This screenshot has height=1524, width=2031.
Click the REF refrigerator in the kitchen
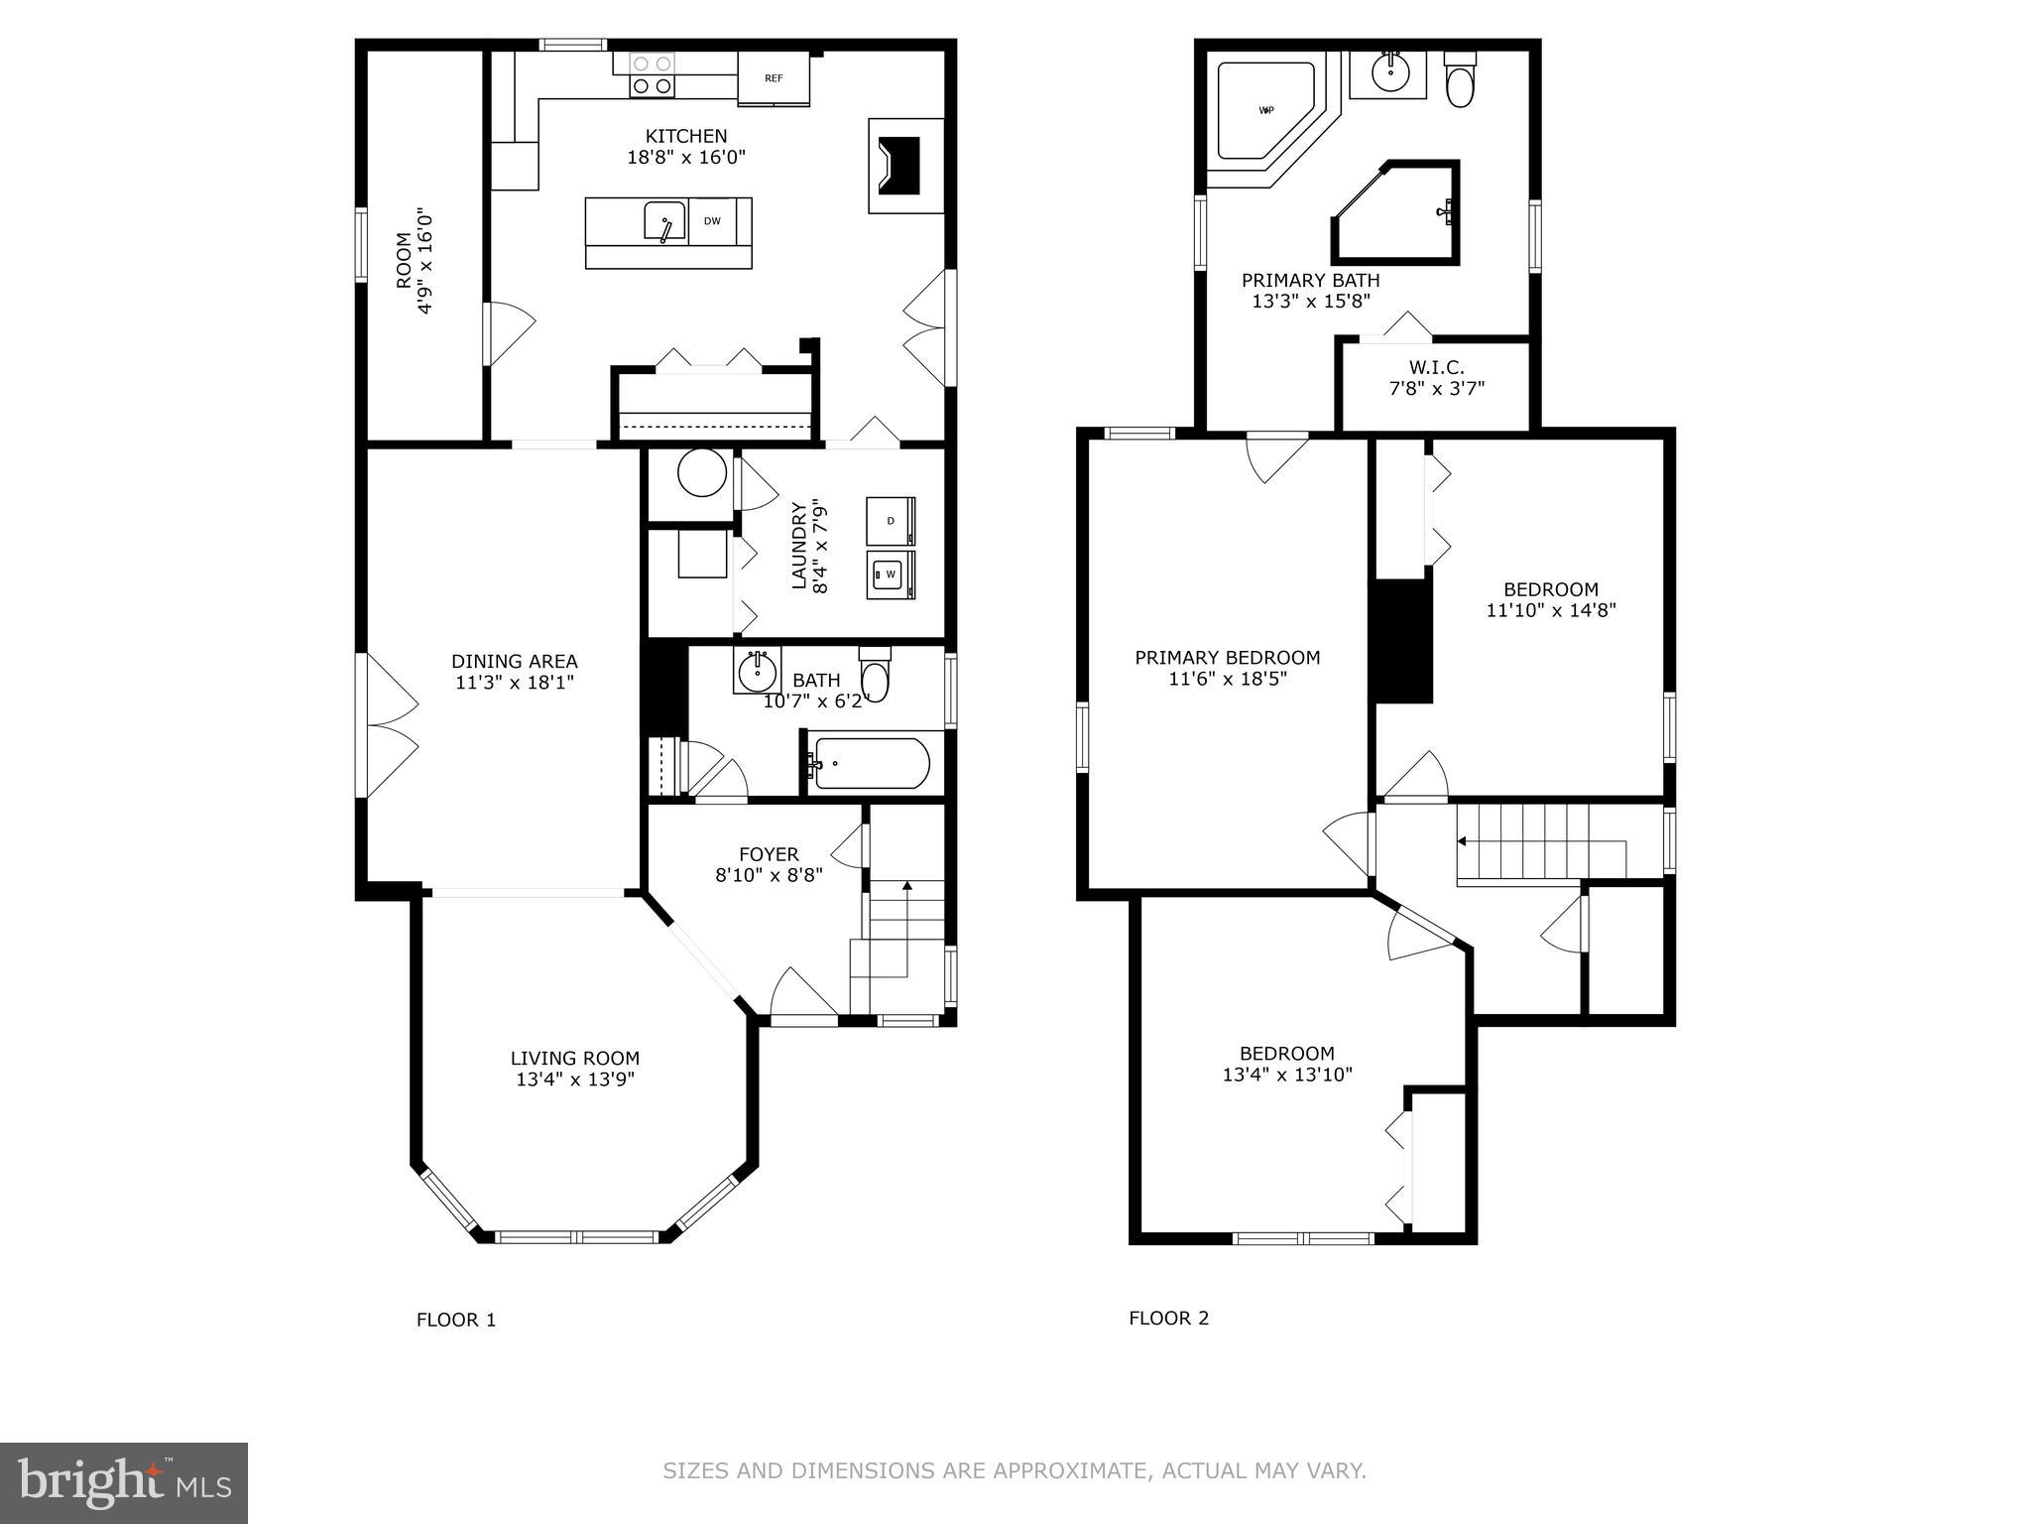tap(774, 77)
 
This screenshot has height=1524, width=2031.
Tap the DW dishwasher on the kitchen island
tap(712, 221)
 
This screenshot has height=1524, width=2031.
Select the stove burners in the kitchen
tap(652, 75)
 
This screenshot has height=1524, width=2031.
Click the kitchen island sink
tap(663, 221)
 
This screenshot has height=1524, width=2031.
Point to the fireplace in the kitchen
tap(905, 166)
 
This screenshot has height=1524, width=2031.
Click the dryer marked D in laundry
tap(890, 521)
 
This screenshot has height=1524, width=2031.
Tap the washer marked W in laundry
tap(890, 574)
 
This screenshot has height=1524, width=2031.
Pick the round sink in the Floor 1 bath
tap(758, 672)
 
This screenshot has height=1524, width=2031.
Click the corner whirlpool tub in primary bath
tap(1264, 111)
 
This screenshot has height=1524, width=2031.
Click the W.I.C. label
tap(1436, 367)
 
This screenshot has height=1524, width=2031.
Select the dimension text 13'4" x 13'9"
tap(574, 1079)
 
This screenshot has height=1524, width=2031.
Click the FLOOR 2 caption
tap(1168, 1318)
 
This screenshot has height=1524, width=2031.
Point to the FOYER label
tap(769, 854)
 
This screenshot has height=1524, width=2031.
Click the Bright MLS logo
tap(124, 1482)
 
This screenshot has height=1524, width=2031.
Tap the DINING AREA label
tap(514, 661)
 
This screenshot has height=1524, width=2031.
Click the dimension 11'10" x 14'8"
tap(1550, 610)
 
